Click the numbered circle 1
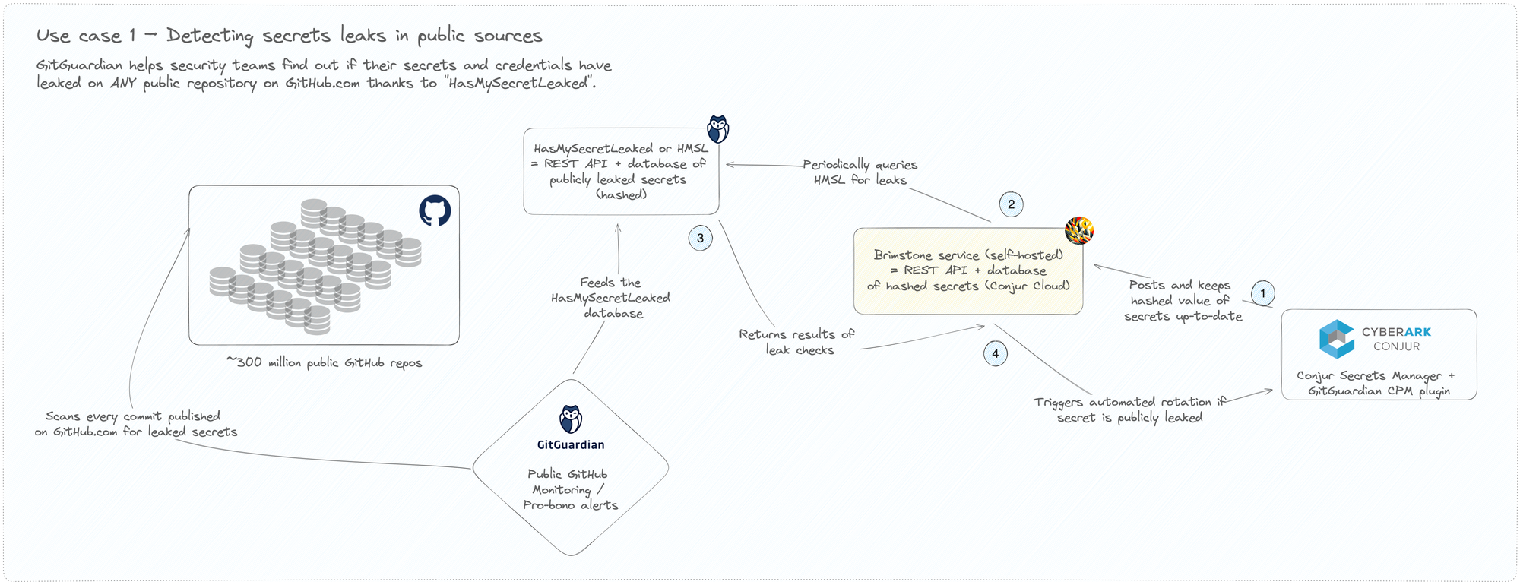(1262, 293)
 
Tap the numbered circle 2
(1011, 204)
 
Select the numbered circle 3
(700, 238)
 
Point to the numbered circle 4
(995, 354)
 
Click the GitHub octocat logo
(435, 210)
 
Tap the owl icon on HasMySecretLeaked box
(717, 129)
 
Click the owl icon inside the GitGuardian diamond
(571, 419)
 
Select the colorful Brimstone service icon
(1078, 230)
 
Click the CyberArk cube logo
(1337, 339)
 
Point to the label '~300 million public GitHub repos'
(324, 362)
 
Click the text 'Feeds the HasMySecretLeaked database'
(611, 298)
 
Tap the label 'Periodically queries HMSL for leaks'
(860, 172)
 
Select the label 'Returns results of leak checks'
(796, 342)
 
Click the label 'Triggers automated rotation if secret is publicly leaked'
(1129, 409)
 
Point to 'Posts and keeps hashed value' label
(1182, 300)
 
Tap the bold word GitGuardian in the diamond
(571, 445)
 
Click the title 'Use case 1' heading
(289, 36)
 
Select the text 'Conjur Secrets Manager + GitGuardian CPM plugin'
(1376, 383)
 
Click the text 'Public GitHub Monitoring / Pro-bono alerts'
(570, 489)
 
